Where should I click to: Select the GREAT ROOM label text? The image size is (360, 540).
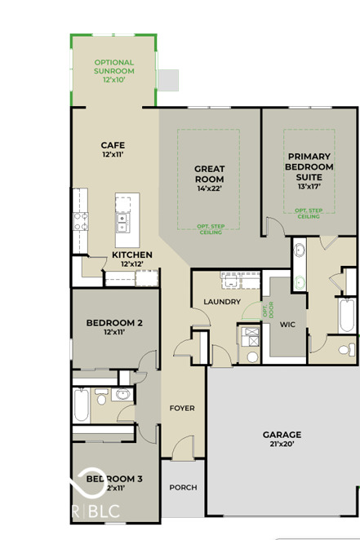(209, 174)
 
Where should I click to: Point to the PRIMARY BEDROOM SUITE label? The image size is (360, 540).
(309, 166)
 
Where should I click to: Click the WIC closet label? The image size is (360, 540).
(287, 324)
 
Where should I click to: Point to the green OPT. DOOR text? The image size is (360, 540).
(266, 310)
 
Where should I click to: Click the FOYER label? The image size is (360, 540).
(181, 408)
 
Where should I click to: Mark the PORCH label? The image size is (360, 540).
(183, 488)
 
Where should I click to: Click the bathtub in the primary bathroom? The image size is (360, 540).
(347, 315)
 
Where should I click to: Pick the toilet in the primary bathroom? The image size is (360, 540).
(344, 349)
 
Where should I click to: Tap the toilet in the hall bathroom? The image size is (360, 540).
(102, 399)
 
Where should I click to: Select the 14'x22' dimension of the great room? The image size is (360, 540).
(209, 188)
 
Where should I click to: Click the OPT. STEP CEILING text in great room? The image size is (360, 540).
(209, 229)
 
